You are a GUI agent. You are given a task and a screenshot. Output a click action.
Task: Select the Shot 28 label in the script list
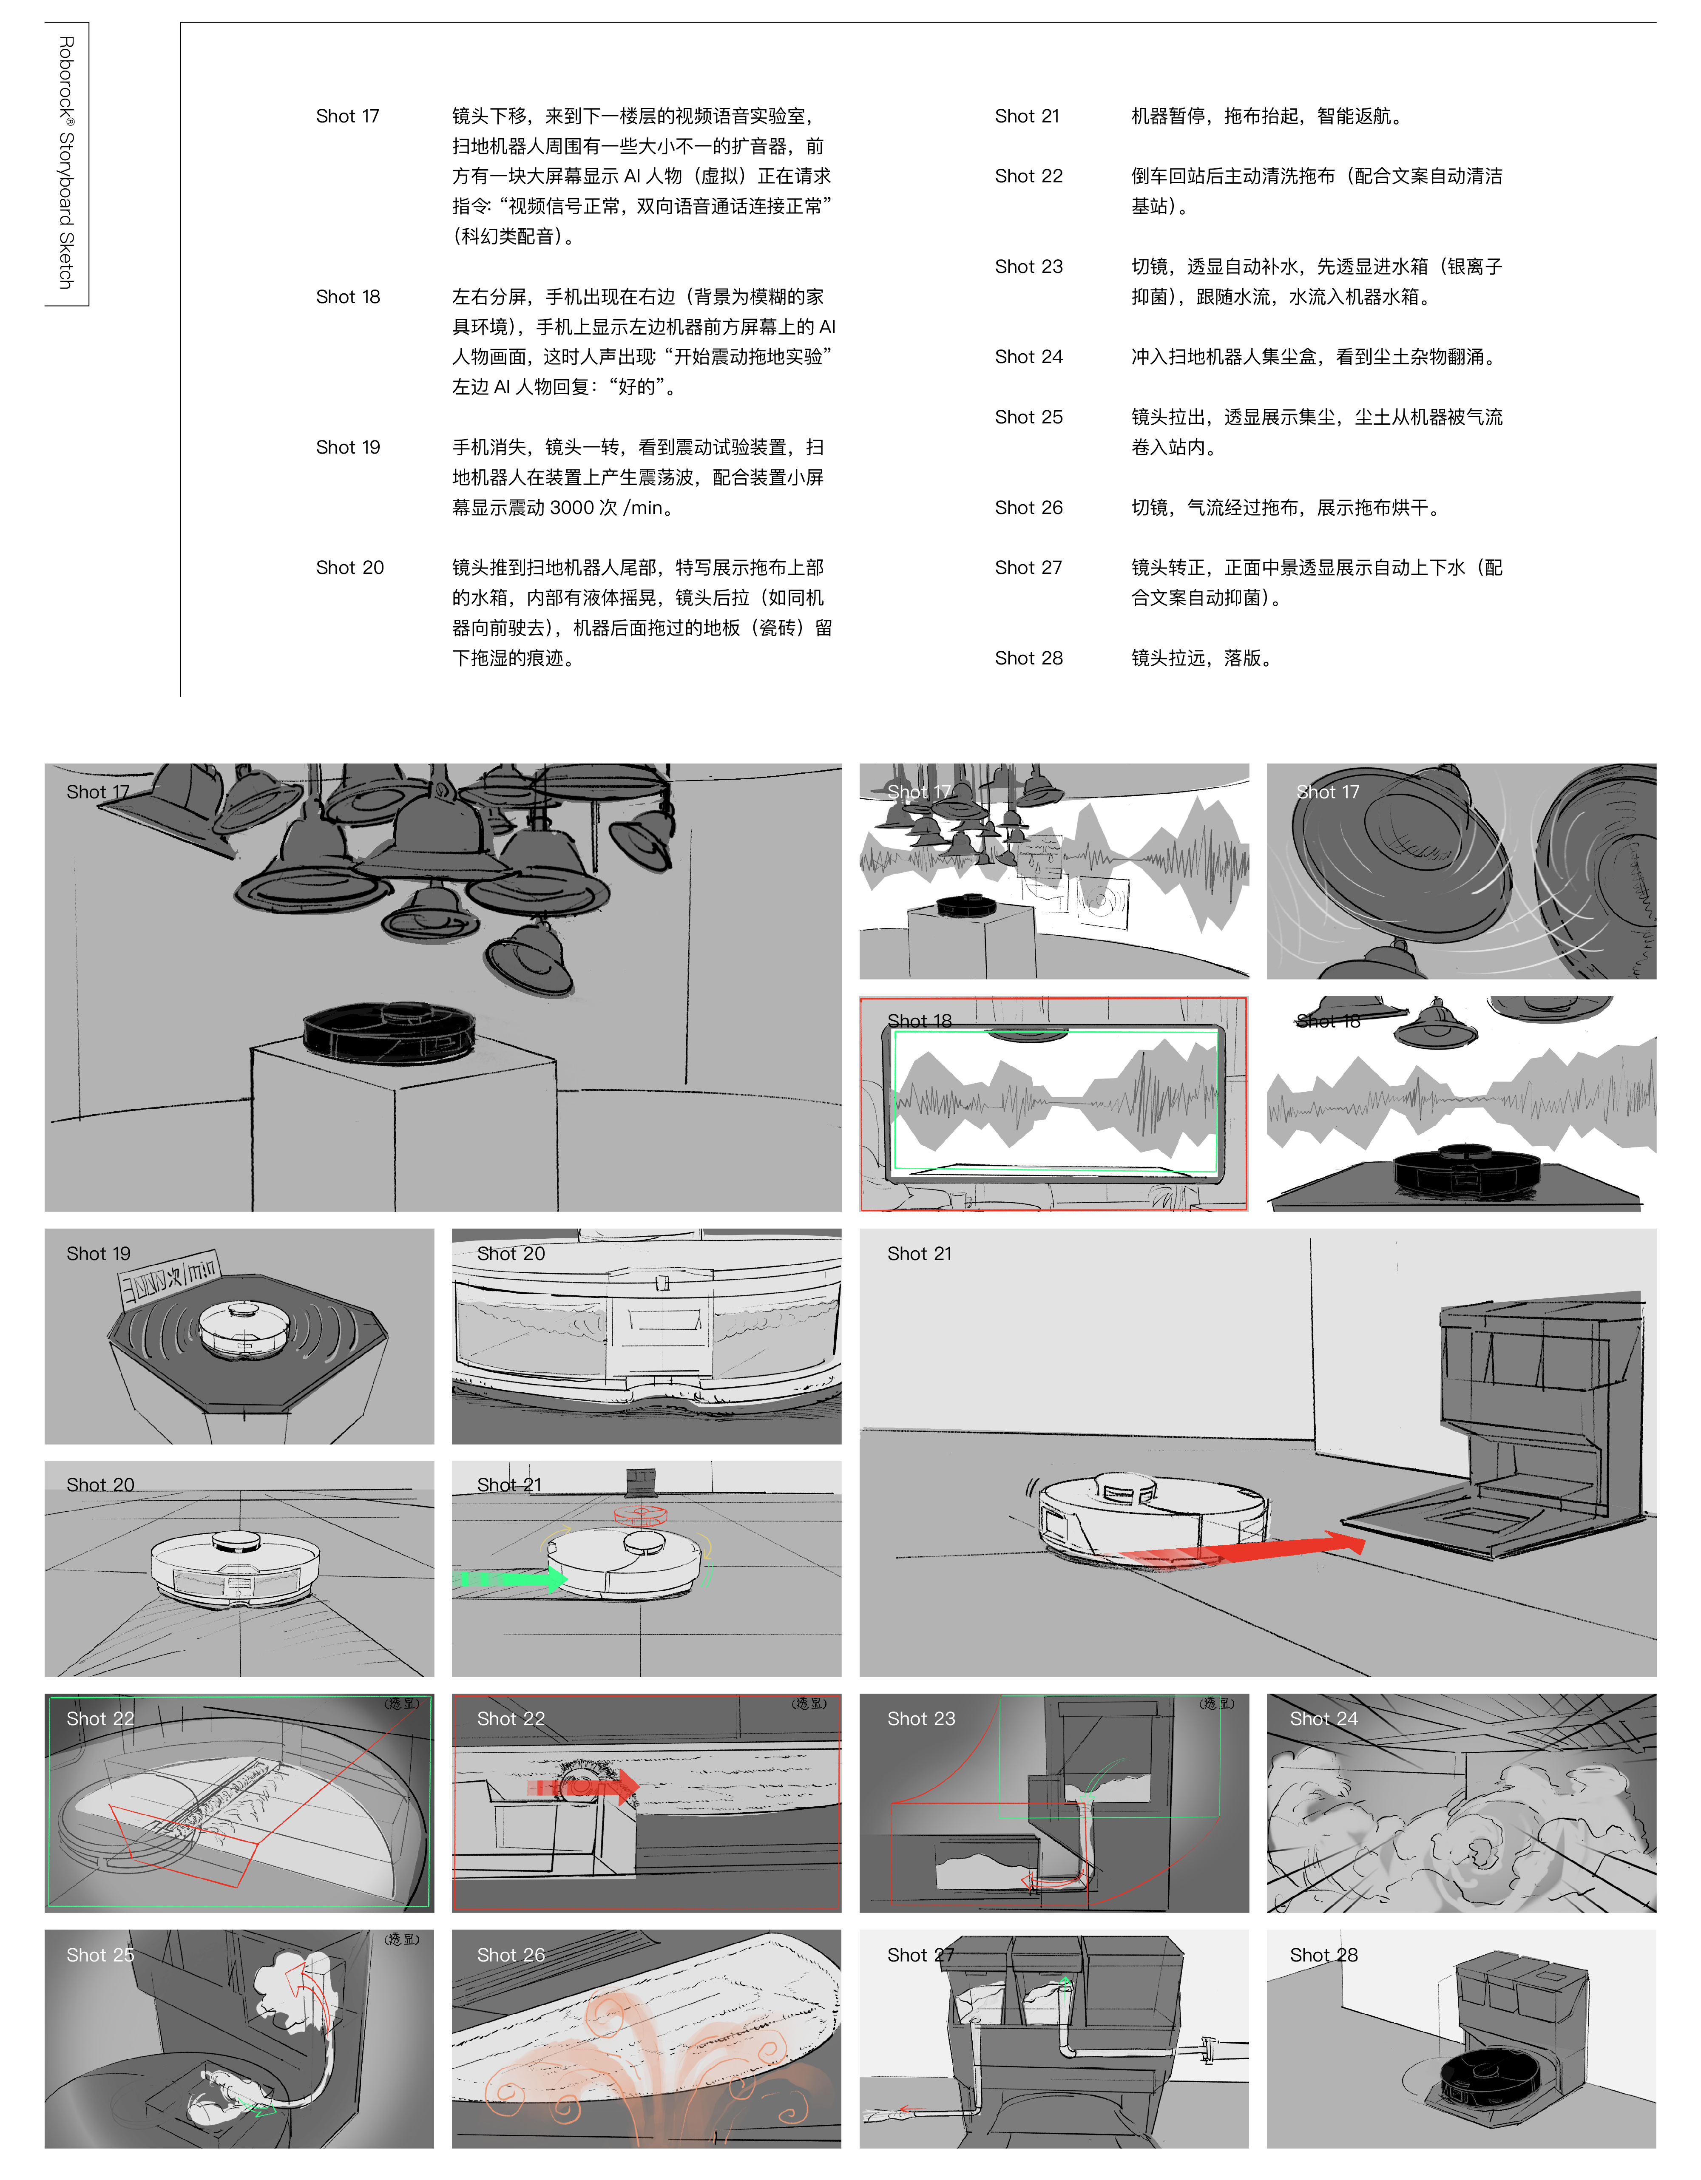[x=1028, y=658]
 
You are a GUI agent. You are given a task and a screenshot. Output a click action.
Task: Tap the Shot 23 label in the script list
[x=1028, y=267]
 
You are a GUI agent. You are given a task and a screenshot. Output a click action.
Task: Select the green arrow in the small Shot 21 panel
[x=509, y=1579]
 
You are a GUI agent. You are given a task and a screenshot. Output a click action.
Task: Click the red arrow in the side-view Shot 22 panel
[x=589, y=1787]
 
